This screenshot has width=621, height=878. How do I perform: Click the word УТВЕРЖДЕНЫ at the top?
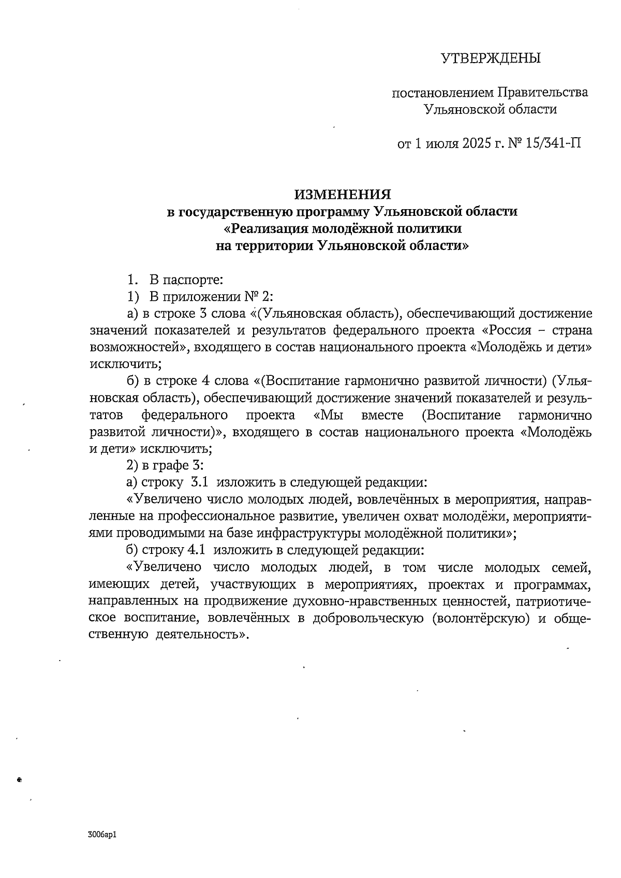point(490,58)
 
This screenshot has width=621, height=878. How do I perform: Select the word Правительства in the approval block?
point(543,93)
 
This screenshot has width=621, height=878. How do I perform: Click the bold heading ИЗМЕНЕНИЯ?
point(343,195)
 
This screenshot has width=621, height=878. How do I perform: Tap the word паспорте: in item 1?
point(193,281)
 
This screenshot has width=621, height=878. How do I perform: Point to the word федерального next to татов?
point(185,415)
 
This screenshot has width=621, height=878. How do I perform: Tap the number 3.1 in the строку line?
point(200,482)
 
